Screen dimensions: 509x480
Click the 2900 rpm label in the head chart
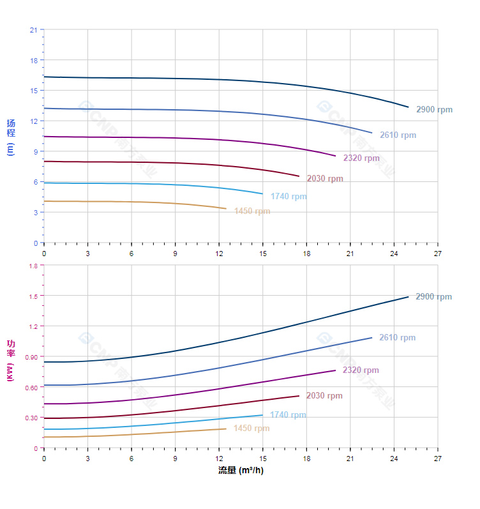(434, 110)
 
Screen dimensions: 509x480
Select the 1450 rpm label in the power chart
(251, 429)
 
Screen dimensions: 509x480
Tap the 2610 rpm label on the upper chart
(398, 135)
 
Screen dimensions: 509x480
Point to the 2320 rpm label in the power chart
(361, 370)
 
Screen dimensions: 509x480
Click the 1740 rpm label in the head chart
(289, 197)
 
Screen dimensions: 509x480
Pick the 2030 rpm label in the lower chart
(324, 396)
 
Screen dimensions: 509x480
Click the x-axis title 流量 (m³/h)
(241, 471)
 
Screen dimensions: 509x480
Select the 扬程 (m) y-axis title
(11, 137)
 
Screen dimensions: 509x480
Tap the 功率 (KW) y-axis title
(11, 361)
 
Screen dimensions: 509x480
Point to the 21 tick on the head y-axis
(33, 30)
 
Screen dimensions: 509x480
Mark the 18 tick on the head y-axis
(33, 61)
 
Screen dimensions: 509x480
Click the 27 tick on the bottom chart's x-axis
(437, 459)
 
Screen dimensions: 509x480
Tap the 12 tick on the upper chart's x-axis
(219, 254)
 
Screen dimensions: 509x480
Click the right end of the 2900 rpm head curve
(408, 107)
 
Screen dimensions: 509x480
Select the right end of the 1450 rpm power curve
(226, 429)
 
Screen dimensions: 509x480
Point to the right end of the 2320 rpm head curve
(335, 156)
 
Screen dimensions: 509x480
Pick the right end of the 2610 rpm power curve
(371, 338)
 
